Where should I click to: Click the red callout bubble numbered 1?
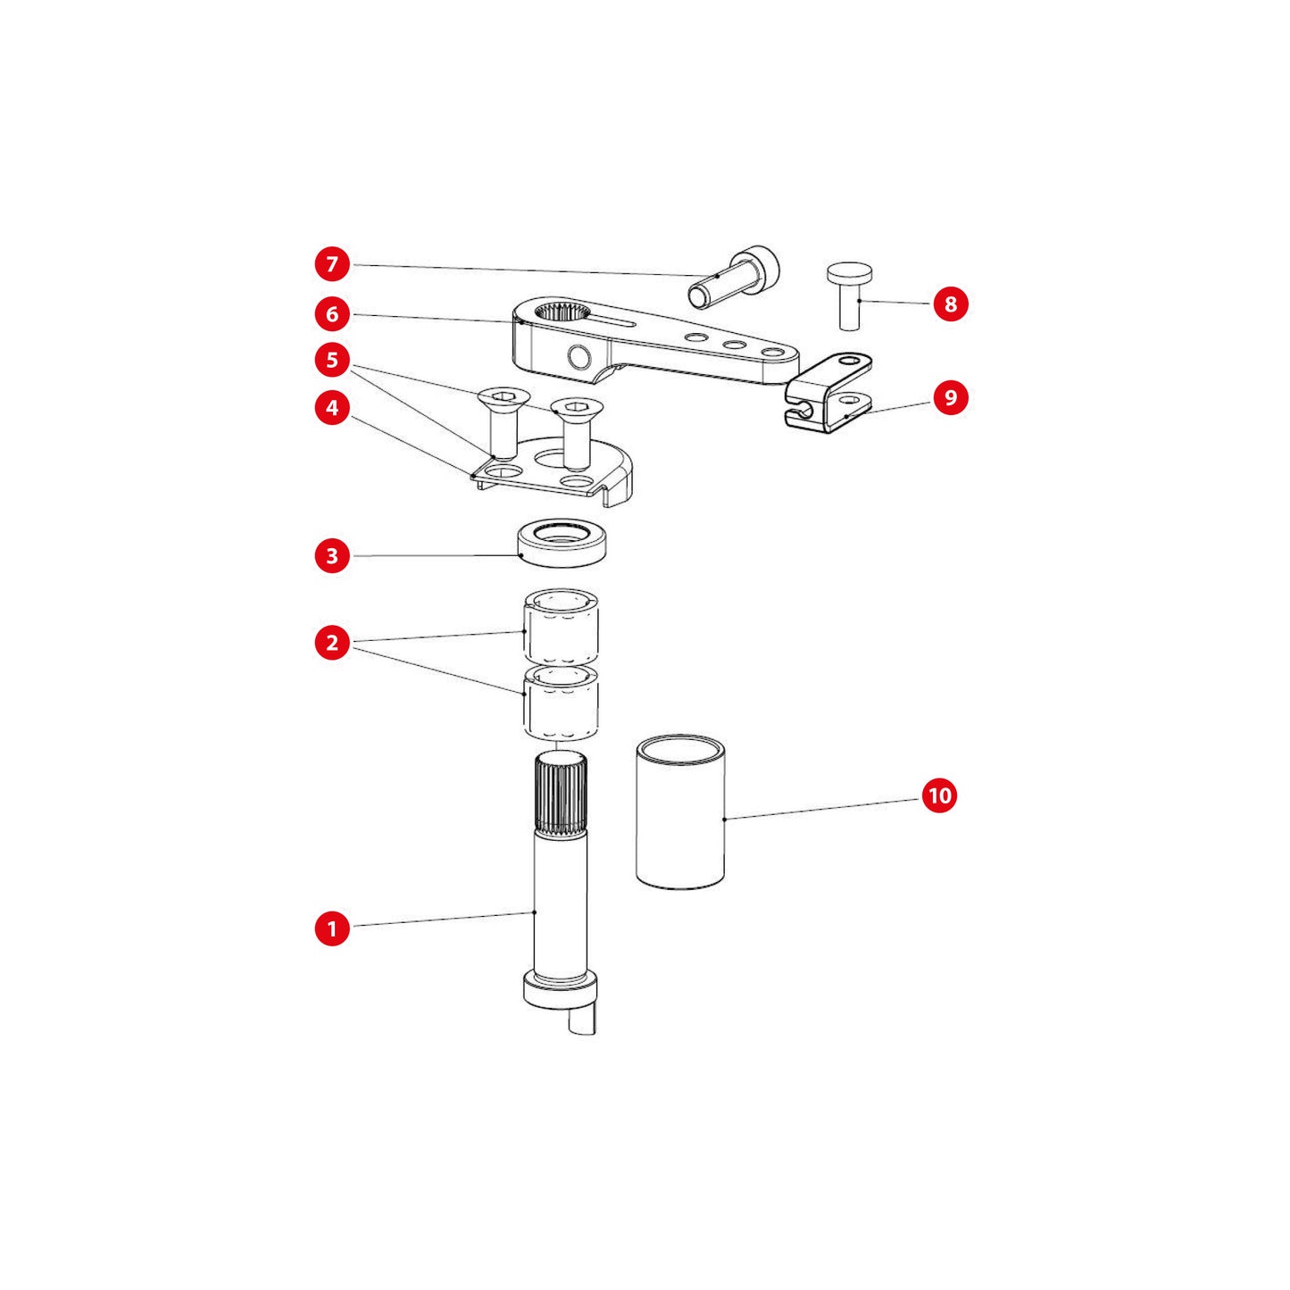point(332,928)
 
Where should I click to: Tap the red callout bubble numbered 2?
point(332,643)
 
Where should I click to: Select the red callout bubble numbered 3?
point(332,555)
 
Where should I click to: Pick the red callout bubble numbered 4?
point(332,407)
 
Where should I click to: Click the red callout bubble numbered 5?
point(332,361)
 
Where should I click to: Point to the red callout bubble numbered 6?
point(332,313)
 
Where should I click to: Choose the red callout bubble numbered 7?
point(332,263)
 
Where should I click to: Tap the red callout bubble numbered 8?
point(950,304)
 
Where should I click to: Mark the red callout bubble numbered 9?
point(950,397)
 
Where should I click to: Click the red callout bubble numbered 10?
point(939,796)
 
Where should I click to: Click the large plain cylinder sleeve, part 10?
point(680,812)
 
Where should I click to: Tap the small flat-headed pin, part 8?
point(850,295)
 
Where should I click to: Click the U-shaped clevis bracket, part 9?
point(828,393)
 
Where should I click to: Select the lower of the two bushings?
point(561,703)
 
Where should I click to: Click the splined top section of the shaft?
point(561,794)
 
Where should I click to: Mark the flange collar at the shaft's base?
point(559,1005)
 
